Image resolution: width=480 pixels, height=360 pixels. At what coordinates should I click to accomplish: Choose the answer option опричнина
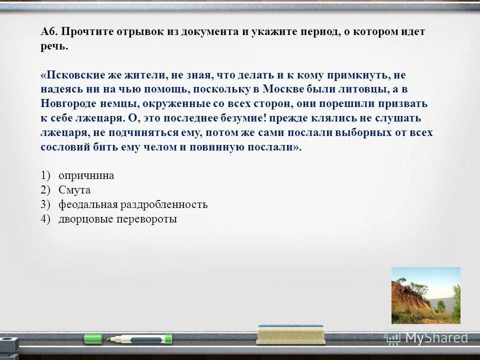click(86, 175)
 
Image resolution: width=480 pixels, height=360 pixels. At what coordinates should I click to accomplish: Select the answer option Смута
click(74, 190)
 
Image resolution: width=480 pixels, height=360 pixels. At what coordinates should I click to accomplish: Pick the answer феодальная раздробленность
click(132, 204)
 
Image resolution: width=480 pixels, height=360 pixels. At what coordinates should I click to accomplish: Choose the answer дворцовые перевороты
click(117, 219)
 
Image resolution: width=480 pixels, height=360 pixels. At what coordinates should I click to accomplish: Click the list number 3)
click(46, 204)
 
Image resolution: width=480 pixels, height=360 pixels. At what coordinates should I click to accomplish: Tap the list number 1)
click(46, 175)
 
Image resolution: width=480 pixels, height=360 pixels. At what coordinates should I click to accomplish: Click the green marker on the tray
click(127, 339)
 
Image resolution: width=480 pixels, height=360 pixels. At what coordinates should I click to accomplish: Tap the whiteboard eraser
click(290, 333)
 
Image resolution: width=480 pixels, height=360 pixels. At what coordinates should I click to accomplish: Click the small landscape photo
click(425, 295)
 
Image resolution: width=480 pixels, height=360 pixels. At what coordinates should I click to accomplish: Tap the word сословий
click(65, 147)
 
